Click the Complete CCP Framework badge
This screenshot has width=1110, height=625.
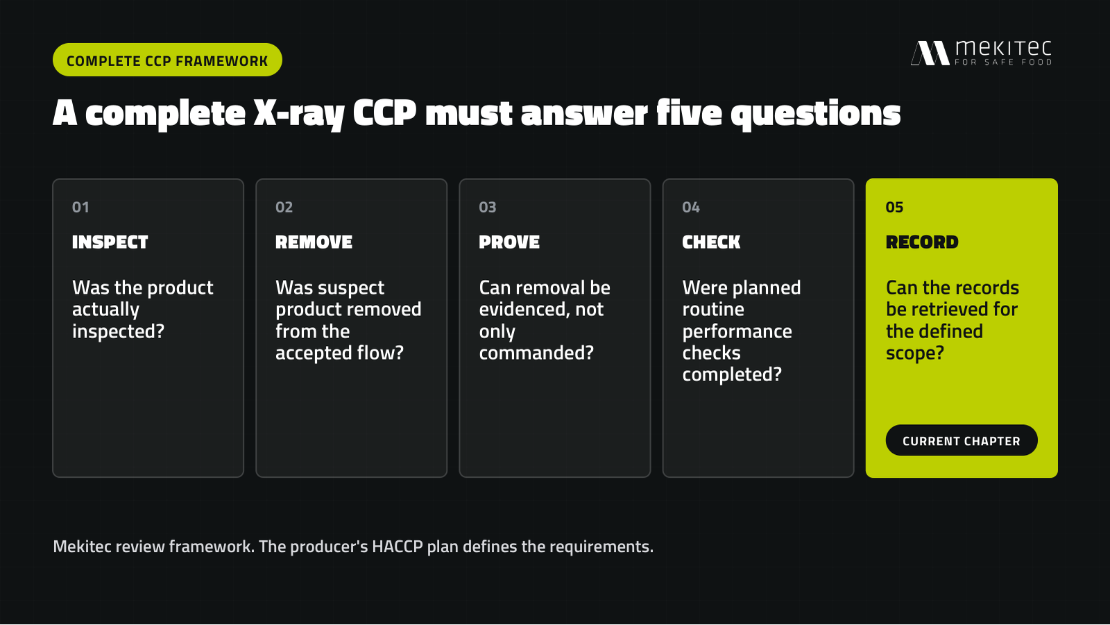pyautogui.click(x=167, y=60)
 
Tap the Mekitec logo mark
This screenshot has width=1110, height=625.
pyautogui.click(x=930, y=53)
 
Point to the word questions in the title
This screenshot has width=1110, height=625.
pyautogui.click(x=816, y=114)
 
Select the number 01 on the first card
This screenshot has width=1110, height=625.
pyautogui.click(x=80, y=207)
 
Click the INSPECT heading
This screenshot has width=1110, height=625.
pyautogui.click(x=110, y=242)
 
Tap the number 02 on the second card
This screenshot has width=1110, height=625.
pyautogui.click(x=284, y=207)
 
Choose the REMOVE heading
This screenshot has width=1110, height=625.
pyautogui.click(x=314, y=242)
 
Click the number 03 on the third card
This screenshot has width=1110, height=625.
pyautogui.click(x=488, y=207)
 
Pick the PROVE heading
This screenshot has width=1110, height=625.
pyautogui.click(x=509, y=242)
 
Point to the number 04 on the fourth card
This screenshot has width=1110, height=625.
pyautogui.click(x=691, y=207)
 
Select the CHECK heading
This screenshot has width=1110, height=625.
pyautogui.click(x=711, y=242)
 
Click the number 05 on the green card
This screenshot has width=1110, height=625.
pyautogui.click(x=894, y=207)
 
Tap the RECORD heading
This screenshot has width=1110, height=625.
pyautogui.click(x=922, y=242)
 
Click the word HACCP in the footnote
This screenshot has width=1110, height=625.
pyautogui.click(x=398, y=547)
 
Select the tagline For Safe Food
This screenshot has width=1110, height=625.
pyautogui.click(x=1003, y=62)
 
